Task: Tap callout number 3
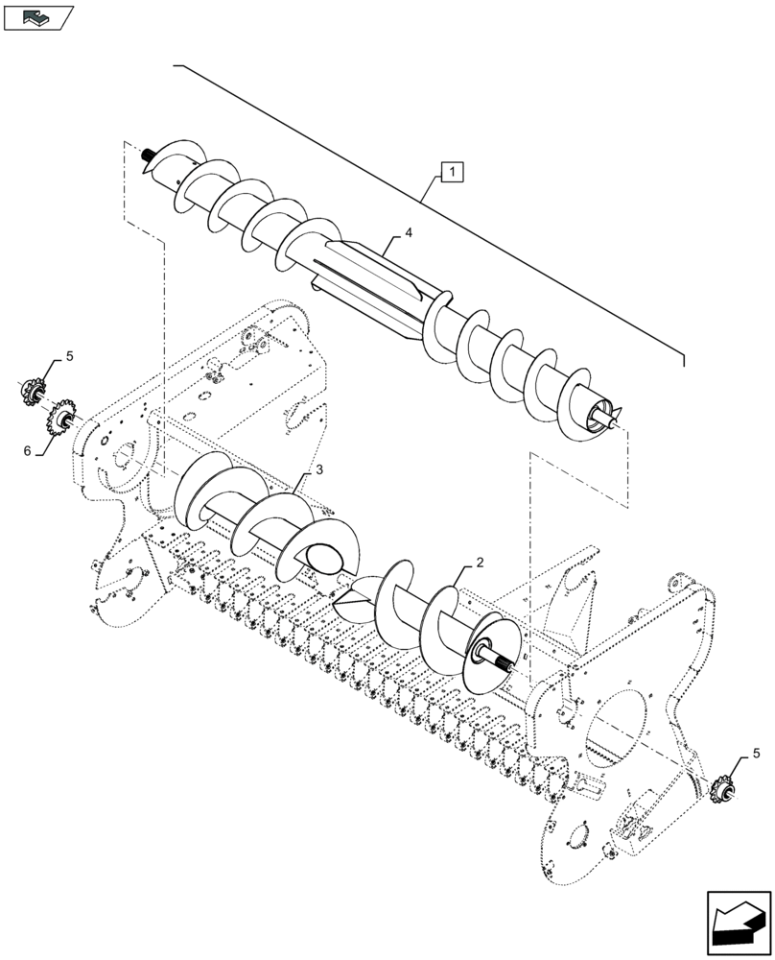coord(317,469)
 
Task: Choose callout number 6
coord(28,450)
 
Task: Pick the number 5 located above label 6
coord(68,357)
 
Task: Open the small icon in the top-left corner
coord(37,16)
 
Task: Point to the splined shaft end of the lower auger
coord(505,661)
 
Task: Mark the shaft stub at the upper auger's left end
coord(148,155)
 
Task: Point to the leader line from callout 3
coord(301,482)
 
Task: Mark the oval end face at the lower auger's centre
coord(323,556)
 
